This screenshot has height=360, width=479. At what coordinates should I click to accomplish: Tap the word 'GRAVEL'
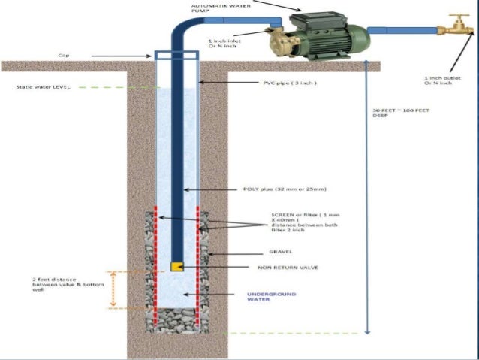coord(281,252)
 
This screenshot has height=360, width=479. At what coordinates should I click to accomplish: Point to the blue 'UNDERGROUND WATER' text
coord(271,297)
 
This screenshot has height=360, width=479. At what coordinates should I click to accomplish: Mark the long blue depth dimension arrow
coord(366,195)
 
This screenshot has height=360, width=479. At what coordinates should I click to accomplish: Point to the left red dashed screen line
coord(155,263)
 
